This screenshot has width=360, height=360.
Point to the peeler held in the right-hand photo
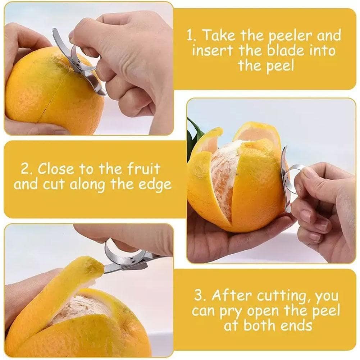pyautogui.click(x=288, y=176)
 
